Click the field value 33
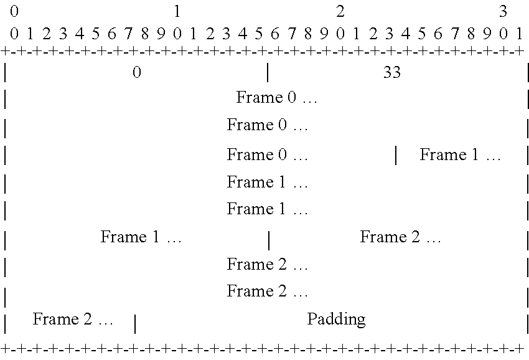pos(391,72)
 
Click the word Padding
pos(336,319)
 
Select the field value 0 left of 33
pos(137,72)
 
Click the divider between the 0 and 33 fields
pos(268,72)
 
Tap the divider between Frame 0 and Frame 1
pos(396,155)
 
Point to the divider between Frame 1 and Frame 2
pos(269,240)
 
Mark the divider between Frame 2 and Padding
pos(135,324)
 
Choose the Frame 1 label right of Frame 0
pos(460,154)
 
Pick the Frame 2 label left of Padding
pos(73,319)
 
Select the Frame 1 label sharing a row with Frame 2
pos(141,237)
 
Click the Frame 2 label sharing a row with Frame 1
pos(400,237)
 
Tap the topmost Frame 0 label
pos(277,97)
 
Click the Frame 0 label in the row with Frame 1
pos(267,154)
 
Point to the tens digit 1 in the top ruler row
pos(177,11)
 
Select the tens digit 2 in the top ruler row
pos(340,11)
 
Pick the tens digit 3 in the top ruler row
pos(503,11)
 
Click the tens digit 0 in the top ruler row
pos(14,11)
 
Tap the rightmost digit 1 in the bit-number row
pos(520,34)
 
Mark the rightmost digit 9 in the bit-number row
pos(487,34)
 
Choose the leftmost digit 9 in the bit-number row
pos(161,34)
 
